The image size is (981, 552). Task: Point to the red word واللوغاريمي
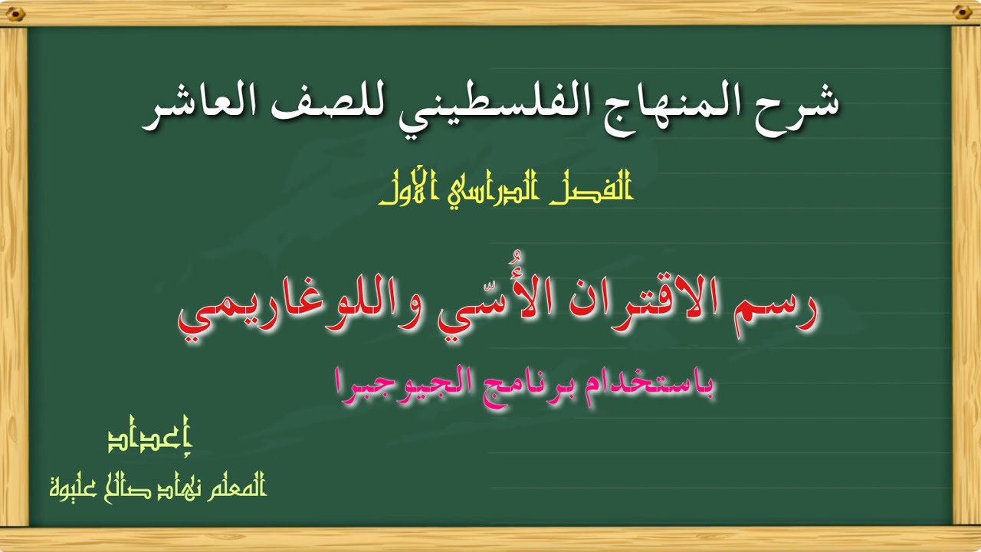coord(300,314)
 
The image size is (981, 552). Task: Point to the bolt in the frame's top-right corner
coord(963,13)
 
